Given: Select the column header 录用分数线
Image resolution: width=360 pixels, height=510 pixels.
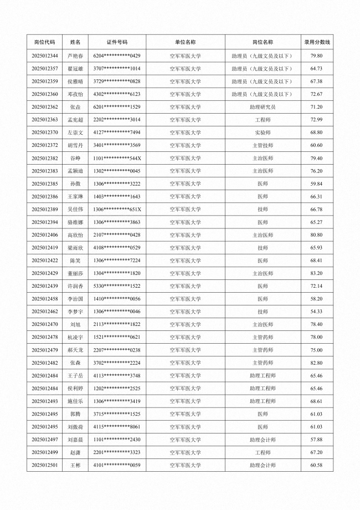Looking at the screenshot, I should [317, 42].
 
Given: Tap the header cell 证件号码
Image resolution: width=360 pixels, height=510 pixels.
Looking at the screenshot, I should [117, 42].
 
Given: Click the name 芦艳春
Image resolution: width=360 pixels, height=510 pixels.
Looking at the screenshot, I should [75, 56].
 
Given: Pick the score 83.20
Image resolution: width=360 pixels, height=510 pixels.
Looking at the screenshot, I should [317, 273].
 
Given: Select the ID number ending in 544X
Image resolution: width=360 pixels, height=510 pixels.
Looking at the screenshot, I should [117, 158].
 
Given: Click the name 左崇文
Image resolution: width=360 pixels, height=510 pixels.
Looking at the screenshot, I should [75, 132].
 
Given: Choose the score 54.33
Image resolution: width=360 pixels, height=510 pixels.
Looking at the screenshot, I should [317, 312].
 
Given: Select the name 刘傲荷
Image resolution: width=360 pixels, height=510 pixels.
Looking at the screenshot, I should [75, 427].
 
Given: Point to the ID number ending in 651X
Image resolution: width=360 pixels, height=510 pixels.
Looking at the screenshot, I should [117, 209].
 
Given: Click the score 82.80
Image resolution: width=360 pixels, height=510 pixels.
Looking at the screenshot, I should [317, 363].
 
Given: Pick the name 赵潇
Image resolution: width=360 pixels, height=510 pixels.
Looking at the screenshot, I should [75, 452].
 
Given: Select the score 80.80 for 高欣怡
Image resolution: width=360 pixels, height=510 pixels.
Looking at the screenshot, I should [317, 235].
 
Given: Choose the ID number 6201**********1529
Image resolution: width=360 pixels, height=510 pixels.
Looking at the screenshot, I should [117, 107].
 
